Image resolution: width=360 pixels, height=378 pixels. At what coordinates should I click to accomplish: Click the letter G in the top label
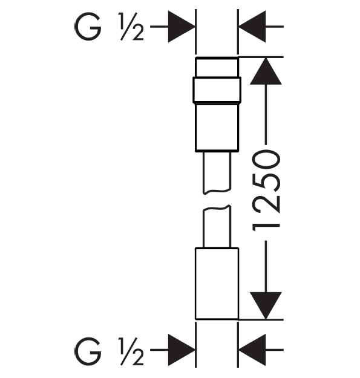tap(88, 27)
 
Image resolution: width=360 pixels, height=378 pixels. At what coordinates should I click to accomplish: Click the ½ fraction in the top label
tap(131, 27)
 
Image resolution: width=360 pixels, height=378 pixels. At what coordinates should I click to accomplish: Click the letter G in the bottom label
tap(88, 351)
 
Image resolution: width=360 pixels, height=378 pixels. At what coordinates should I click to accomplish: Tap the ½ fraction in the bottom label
tap(131, 351)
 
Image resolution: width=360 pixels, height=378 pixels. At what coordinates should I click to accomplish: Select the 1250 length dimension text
tap(266, 191)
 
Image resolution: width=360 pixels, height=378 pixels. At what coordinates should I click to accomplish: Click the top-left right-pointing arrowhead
tap(182, 27)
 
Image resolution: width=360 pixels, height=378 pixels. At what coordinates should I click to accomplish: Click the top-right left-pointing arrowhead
tap(252, 27)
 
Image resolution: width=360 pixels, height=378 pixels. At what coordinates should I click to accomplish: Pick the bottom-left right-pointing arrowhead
tap(182, 350)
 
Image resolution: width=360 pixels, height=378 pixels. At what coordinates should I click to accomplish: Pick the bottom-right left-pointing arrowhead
tap(252, 350)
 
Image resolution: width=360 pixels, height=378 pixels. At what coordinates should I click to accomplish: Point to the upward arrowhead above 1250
tap(266, 71)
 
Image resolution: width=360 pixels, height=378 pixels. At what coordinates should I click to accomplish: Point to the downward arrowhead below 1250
tap(266, 305)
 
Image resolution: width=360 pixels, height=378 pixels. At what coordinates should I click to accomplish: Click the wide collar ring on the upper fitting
tap(217, 90)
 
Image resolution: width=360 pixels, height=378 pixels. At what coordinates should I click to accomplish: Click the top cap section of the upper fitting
tap(217, 67)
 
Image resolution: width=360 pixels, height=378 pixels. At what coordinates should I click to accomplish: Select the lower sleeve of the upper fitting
tap(217, 127)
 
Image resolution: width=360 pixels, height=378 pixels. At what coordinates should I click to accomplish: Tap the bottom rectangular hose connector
tap(217, 284)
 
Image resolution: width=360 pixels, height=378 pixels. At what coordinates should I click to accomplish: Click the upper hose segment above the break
tap(217, 172)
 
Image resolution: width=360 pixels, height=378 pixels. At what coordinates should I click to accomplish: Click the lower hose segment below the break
tap(217, 227)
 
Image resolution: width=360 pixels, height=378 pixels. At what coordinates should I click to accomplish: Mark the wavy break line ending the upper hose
tap(217, 191)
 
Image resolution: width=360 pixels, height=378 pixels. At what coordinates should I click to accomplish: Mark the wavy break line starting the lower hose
tap(217, 208)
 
